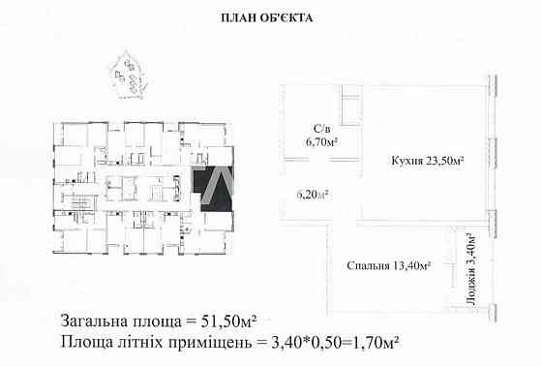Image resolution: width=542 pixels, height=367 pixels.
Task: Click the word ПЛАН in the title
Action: (x=240, y=17)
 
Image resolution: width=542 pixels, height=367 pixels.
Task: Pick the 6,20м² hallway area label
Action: (x=312, y=194)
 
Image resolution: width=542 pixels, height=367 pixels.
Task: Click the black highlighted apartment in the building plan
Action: (x=209, y=189)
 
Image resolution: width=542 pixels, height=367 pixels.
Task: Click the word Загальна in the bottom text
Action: (x=97, y=321)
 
